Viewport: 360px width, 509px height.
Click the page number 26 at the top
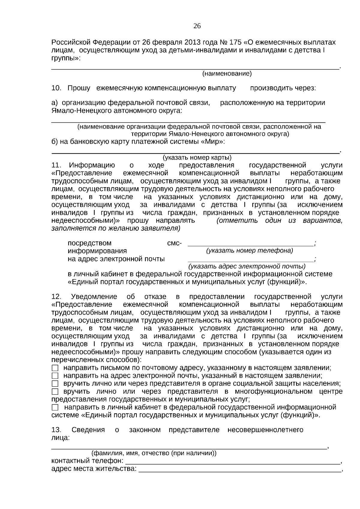click(197, 26)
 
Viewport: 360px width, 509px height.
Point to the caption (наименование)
click(227, 73)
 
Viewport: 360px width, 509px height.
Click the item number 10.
click(56, 88)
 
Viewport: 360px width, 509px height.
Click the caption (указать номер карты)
click(197, 157)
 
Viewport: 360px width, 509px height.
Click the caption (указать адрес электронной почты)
click(247, 266)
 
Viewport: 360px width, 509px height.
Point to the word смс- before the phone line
click(174, 243)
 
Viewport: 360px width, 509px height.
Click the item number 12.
click(56, 297)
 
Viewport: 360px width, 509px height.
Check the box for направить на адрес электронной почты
click(55, 376)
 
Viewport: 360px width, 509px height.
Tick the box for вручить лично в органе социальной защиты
click(55, 384)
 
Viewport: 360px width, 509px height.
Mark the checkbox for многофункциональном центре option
click(55, 392)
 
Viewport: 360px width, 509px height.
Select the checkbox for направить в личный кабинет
click(55, 408)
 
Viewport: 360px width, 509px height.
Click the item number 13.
click(56, 430)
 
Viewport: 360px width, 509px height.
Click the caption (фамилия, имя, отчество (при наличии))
click(154, 453)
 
